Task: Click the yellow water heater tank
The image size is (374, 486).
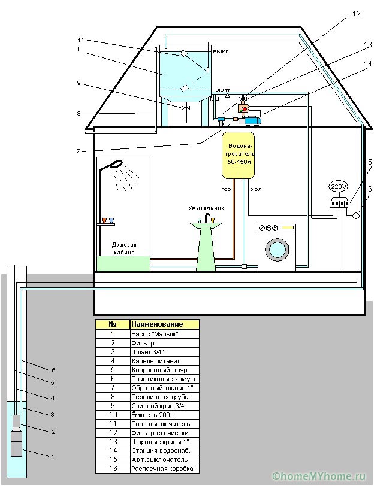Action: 238,156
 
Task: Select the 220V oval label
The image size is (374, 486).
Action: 338,187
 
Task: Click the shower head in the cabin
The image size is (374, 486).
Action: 116,163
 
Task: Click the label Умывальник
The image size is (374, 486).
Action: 206,208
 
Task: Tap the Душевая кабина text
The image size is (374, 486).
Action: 124,248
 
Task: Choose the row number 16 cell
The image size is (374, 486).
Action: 113,468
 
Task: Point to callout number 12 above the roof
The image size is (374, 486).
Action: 356,14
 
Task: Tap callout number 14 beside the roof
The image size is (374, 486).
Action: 367,63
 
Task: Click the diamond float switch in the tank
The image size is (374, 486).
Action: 183,53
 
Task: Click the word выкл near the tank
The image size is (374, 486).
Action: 221,51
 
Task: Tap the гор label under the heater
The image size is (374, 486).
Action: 226,189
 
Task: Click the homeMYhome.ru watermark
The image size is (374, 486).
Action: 319,476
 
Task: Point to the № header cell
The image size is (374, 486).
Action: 113,324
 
